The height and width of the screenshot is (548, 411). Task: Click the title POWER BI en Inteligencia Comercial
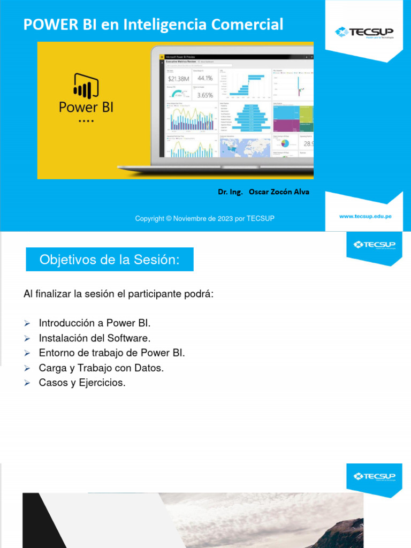pyautogui.click(x=153, y=24)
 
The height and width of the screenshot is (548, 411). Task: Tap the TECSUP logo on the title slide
pyautogui.click(x=364, y=32)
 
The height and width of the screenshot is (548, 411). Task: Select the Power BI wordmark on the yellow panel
pyautogui.click(x=86, y=106)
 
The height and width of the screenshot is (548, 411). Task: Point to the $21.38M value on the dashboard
pyautogui.click(x=178, y=79)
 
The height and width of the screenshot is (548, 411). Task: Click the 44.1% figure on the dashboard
pyautogui.click(x=204, y=78)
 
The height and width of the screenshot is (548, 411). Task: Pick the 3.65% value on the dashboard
pyautogui.click(x=204, y=95)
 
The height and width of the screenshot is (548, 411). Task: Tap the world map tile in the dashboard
pyautogui.click(x=245, y=147)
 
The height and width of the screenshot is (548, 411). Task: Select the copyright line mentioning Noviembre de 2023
pyautogui.click(x=204, y=218)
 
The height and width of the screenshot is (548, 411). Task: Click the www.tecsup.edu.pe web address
pyautogui.click(x=366, y=217)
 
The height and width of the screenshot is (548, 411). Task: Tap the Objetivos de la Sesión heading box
pyautogui.click(x=110, y=260)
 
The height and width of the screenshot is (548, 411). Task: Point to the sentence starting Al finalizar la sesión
pyautogui.click(x=118, y=294)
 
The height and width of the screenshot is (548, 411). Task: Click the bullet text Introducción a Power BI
pyautogui.click(x=95, y=323)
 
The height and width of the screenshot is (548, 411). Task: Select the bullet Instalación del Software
pyautogui.click(x=95, y=338)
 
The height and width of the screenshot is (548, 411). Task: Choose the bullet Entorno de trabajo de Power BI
pyautogui.click(x=112, y=353)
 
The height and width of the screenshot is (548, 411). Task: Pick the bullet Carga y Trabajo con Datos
pyautogui.click(x=101, y=368)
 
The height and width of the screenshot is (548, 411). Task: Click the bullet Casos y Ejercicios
pyautogui.click(x=82, y=383)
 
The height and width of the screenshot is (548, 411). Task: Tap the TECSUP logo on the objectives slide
pyautogui.click(x=374, y=245)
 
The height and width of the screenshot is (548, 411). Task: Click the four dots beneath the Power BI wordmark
pyautogui.click(x=86, y=121)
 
